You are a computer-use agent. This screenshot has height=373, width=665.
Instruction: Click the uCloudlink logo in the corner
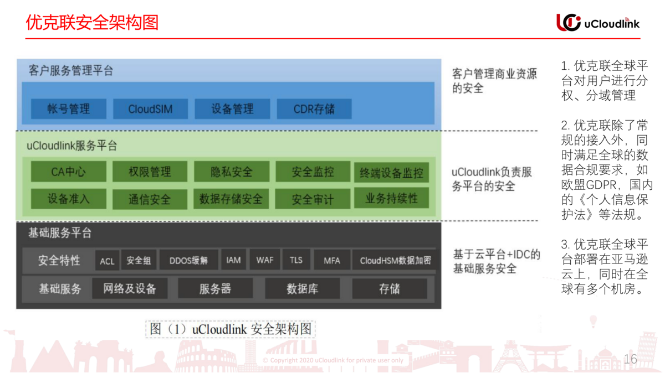597,22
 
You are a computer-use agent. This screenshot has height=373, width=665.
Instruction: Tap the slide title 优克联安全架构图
93,22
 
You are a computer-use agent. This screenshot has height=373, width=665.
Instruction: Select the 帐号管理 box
69,108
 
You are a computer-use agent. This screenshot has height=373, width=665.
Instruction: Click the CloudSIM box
150,108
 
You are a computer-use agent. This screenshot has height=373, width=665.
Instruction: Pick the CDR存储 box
314,108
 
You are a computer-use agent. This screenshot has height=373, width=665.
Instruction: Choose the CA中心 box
69,172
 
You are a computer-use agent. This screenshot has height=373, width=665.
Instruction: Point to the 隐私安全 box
232,172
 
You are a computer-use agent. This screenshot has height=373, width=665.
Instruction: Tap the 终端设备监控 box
391,173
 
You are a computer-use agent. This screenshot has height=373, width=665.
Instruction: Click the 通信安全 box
150,199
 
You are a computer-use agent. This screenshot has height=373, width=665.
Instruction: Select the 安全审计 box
313,199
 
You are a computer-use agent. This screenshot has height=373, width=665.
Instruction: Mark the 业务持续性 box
391,198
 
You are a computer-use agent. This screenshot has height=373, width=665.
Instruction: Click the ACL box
107,261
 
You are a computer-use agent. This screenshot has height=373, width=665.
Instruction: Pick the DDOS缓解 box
189,261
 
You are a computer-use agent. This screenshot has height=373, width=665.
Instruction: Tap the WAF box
265,260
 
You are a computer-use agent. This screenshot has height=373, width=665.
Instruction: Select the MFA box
331,261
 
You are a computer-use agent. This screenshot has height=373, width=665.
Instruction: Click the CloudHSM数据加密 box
395,261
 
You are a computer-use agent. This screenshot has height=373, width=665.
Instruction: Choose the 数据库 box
302,288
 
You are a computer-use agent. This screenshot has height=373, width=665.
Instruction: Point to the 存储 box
390,288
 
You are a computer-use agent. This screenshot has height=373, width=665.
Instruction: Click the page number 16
630,359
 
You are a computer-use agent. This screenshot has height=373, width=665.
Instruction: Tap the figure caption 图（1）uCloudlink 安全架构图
230,329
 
